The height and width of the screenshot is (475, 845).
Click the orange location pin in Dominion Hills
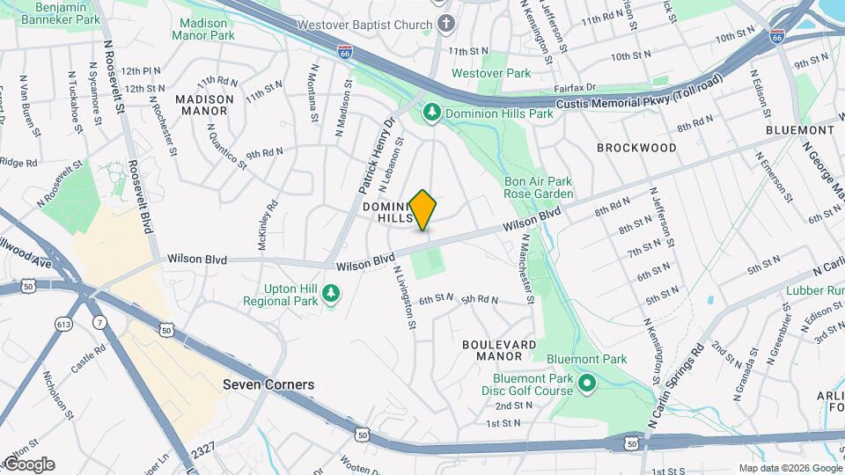point(422,209)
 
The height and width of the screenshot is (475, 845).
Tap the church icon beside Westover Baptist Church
point(446,25)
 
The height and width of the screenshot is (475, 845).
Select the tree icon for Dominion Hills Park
point(432,113)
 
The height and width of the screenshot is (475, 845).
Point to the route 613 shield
point(64,325)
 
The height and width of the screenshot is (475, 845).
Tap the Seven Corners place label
point(268,384)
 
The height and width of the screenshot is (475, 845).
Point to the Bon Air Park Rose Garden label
point(539,187)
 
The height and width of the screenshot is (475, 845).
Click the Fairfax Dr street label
point(576,88)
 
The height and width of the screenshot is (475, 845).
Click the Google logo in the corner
point(28,464)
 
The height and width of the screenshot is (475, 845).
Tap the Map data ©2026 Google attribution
point(790,468)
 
